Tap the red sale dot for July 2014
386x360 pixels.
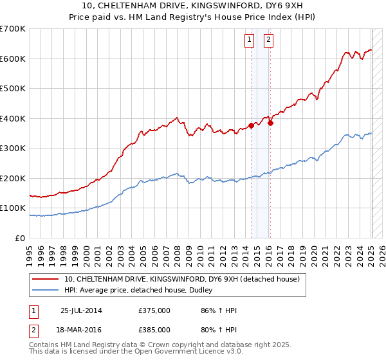tap(252, 126)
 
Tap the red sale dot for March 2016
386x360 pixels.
tap(270, 123)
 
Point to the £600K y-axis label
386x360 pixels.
tap(13, 59)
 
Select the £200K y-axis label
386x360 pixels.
tap(13, 178)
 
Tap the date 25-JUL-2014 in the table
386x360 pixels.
tap(81, 310)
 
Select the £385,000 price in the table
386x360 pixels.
tap(154, 329)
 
